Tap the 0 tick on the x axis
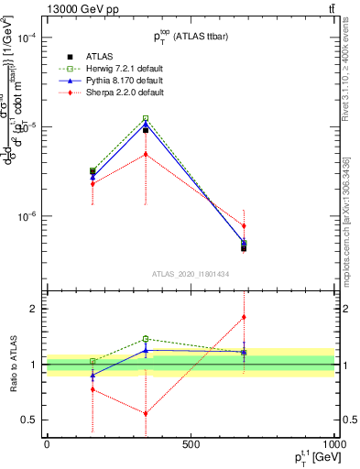[x=46, y=444]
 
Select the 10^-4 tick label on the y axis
[x=27, y=38]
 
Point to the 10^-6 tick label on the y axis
[x=27, y=217]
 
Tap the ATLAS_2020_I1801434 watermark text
[x=191, y=274]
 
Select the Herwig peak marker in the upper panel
[x=146, y=118]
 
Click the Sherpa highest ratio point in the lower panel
[x=244, y=317]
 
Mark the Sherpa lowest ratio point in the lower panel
[x=146, y=413]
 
